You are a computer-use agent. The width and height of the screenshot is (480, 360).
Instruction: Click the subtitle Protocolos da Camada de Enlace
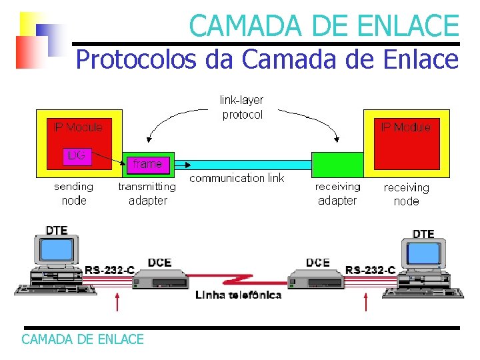coord(267,59)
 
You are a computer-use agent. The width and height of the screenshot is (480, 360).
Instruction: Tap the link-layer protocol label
coord(242,107)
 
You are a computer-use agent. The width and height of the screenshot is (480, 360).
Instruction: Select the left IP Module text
coord(78,127)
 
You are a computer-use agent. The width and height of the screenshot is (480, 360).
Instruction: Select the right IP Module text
coord(405,127)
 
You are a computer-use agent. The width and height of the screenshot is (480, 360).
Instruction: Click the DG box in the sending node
coord(77,155)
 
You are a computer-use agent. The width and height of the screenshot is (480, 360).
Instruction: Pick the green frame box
coord(147,163)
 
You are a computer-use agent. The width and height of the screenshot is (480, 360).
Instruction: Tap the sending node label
coord(73,193)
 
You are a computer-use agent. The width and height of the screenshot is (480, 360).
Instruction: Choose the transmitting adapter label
coord(147,193)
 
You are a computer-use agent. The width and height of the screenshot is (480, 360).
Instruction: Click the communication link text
coord(237,178)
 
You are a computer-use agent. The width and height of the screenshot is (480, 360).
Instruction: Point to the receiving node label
coord(406,194)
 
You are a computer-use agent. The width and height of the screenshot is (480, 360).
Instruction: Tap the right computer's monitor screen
coord(424,254)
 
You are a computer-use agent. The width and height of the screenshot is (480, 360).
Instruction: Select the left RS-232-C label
coord(109,270)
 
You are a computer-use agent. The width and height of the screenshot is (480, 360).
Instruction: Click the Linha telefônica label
coord(238,295)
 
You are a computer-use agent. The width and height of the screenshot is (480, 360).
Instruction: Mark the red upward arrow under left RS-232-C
coord(117,303)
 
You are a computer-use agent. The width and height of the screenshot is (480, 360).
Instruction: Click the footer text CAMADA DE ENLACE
coord(83,339)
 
